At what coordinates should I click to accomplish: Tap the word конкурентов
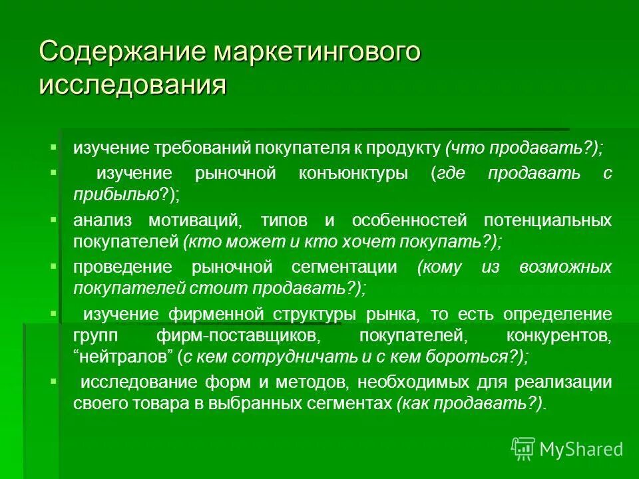pyautogui.click(x=563, y=335)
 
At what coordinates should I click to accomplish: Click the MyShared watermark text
pyautogui.click(x=581, y=449)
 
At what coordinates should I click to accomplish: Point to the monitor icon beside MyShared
pyautogui.click(x=523, y=448)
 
